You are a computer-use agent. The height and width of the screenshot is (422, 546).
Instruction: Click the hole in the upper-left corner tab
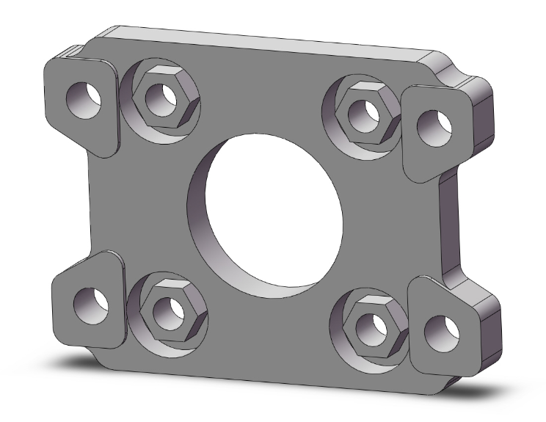click(x=80, y=98)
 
